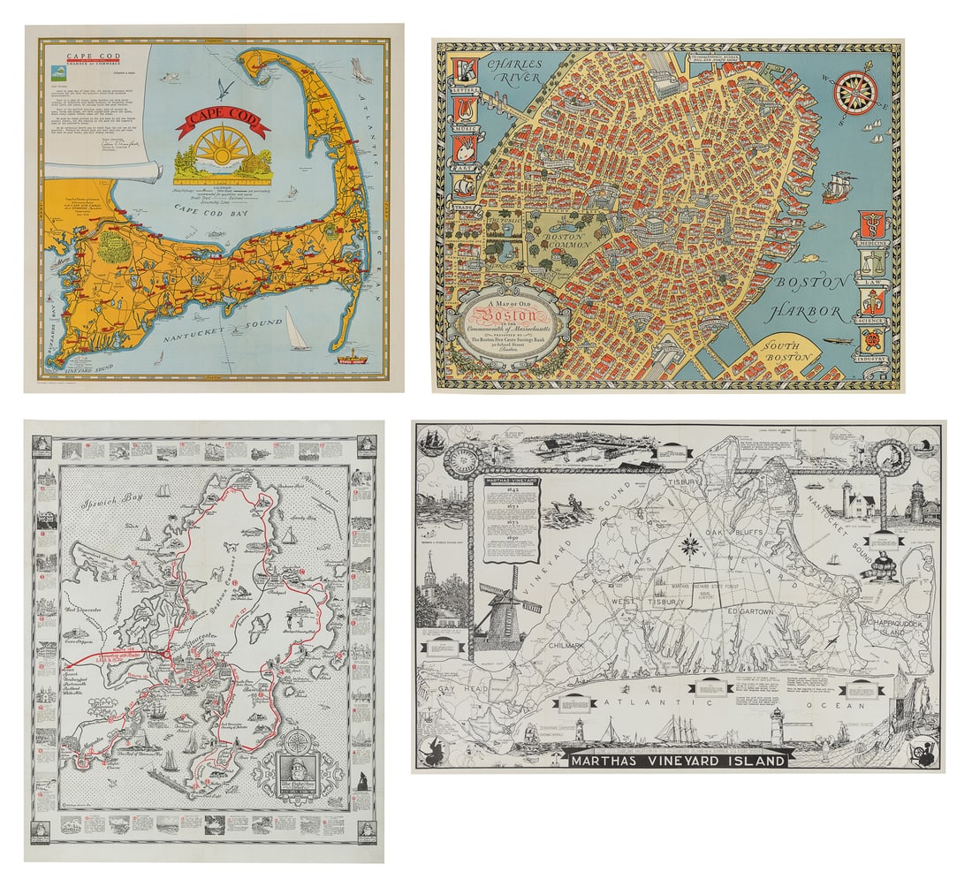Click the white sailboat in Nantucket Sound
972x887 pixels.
coord(297,329)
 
